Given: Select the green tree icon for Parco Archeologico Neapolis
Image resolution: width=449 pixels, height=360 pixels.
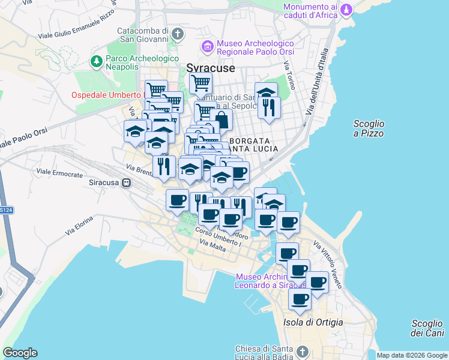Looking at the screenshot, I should pos(96,61).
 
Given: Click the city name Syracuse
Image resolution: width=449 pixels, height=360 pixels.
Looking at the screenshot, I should pos(210,68).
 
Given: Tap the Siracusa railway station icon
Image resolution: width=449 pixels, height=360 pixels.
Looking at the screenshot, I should pos(126,182).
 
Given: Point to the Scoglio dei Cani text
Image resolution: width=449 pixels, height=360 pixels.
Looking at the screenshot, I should pos(427,328).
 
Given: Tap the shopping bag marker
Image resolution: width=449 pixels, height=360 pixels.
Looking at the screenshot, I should pos(221,119).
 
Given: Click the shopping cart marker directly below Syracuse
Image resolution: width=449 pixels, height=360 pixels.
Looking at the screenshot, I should pos(200,82).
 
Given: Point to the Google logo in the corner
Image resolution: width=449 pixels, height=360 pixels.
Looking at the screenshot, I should pos(20,353).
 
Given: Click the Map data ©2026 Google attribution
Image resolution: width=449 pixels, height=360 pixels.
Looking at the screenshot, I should pos(412,355).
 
